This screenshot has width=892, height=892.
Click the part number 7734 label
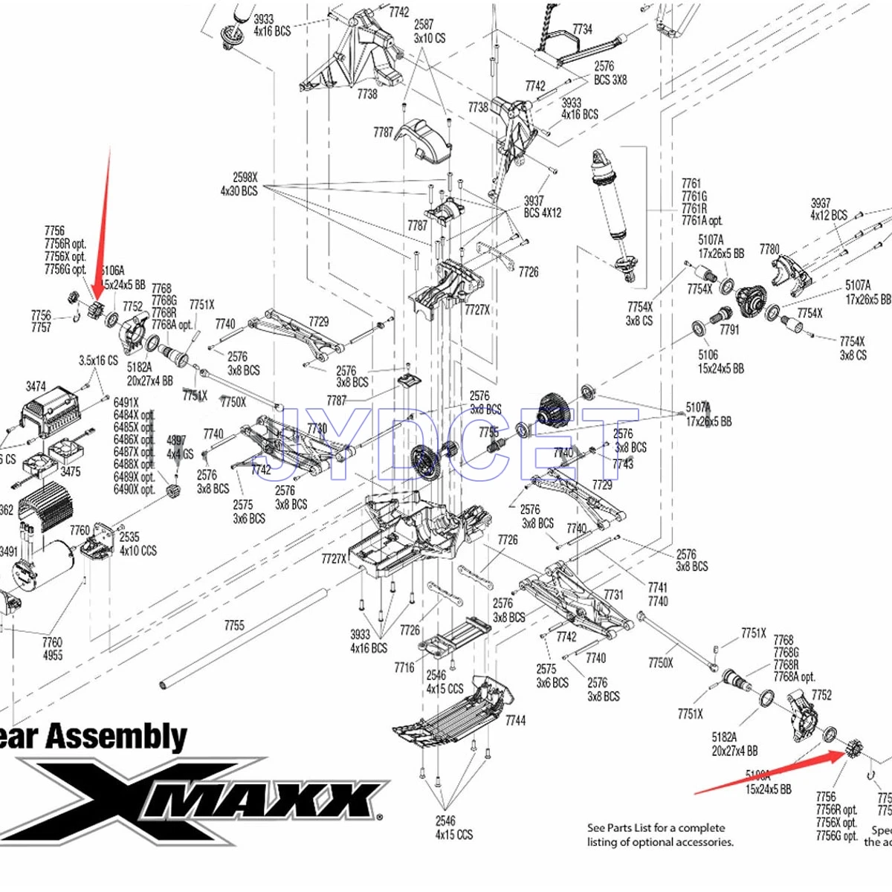coord(582,29)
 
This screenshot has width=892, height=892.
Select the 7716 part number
coord(404,668)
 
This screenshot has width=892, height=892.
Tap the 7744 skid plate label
coord(515,720)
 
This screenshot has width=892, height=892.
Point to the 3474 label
coord(36,387)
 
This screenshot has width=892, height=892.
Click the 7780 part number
coord(769,249)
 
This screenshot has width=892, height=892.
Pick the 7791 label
coord(729,329)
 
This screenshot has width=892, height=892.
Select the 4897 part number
coord(176,440)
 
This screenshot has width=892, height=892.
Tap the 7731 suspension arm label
coord(613,595)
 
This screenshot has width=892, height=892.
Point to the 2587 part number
coord(424,25)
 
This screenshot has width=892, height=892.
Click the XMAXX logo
coord(201,799)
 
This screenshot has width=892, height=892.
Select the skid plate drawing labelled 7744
coord(453,714)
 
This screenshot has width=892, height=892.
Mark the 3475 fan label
coord(71,472)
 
